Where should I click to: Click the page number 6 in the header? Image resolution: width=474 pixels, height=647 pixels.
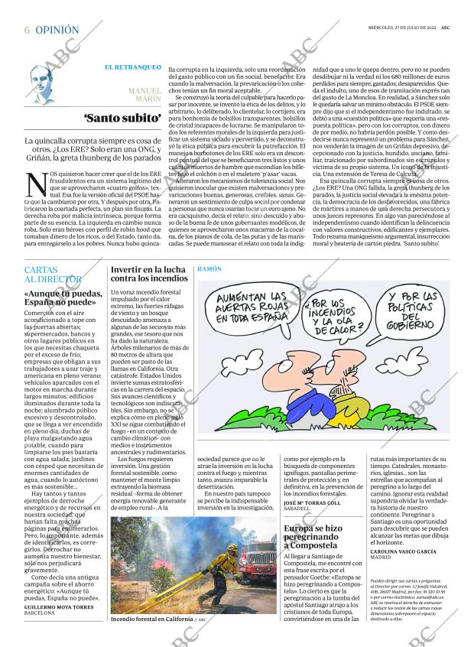[x=28, y=31]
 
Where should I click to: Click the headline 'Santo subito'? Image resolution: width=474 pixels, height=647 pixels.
[x=122, y=119]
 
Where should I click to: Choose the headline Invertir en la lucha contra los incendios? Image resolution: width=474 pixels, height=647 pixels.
[x=148, y=275]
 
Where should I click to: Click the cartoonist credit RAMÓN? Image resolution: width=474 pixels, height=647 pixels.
[x=209, y=270]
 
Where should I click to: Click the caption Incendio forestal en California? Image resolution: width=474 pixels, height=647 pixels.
[x=151, y=619]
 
